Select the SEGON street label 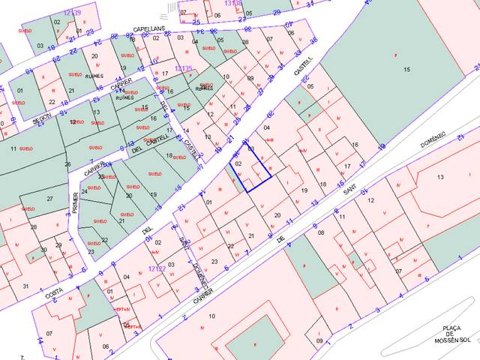pyautogui.click(x=41, y=120)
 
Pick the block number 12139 pyautogui.click(x=72, y=13)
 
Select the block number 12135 pyautogui.click(x=184, y=68)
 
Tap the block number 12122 pyautogui.click(x=157, y=268)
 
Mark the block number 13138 pyautogui.click(x=233, y=4)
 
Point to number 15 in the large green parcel pyautogui.click(x=407, y=70)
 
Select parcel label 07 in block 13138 pyautogui.click(x=184, y=12)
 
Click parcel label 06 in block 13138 pyautogui.click(x=217, y=15)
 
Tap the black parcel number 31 pyautogui.click(x=25, y=286)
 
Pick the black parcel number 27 pyautogui.click(x=50, y=199)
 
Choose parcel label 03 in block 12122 pyautogui.click(x=171, y=264)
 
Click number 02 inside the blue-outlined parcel pyautogui.click(x=238, y=162)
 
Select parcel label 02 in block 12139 pyautogui.click(x=57, y=22)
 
